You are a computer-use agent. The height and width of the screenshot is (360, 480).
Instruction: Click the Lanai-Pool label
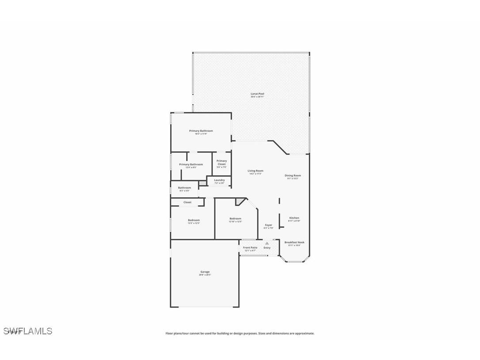(x=257, y=94)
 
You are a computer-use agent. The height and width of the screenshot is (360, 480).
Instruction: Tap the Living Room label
(x=255, y=171)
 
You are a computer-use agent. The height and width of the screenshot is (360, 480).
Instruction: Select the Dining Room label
(x=293, y=176)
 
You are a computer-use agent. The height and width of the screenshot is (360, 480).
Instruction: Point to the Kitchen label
(x=294, y=218)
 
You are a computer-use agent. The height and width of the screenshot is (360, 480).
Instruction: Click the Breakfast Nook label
(x=294, y=242)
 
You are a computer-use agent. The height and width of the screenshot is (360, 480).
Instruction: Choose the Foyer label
(x=268, y=225)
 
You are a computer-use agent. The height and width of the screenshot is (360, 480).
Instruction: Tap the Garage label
(x=205, y=272)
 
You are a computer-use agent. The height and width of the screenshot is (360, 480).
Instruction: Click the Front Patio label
(x=250, y=248)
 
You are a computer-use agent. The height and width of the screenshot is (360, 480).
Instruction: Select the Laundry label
(x=219, y=180)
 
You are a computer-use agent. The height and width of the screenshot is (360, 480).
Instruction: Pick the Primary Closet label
(x=221, y=162)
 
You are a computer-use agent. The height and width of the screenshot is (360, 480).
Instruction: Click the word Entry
(x=267, y=248)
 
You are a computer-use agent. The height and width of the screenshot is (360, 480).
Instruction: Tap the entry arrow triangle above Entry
(x=267, y=243)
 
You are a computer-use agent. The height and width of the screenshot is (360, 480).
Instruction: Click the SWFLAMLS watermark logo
(x=28, y=331)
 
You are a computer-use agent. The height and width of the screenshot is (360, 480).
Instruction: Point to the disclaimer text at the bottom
(x=240, y=333)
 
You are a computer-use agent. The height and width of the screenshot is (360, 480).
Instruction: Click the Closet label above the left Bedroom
(x=187, y=202)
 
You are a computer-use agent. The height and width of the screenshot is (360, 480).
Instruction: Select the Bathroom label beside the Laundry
(x=184, y=188)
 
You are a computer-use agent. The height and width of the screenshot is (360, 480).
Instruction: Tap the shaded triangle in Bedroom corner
(x=240, y=201)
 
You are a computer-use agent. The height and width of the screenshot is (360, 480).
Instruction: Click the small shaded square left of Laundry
(x=202, y=182)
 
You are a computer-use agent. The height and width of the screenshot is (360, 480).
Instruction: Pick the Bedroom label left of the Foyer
(x=235, y=218)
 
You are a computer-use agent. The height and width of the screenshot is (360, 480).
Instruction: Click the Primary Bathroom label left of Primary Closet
(x=191, y=165)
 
